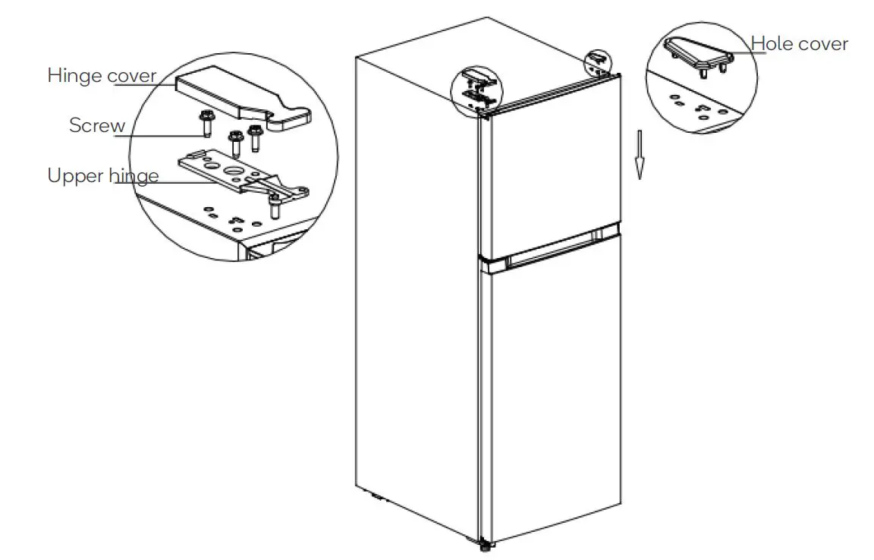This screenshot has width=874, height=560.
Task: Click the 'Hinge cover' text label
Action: [102, 76]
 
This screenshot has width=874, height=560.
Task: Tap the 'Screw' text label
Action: [97, 125]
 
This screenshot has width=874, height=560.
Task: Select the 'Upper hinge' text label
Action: [103, 176]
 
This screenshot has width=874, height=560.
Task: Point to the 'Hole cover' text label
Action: [800, 44]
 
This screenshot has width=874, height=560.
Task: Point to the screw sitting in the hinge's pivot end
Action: [274, 203]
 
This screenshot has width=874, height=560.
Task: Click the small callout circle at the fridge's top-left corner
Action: [476, 90]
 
